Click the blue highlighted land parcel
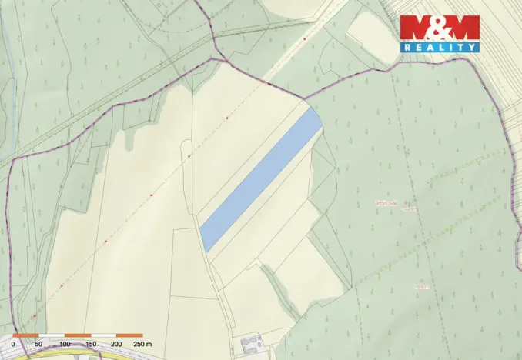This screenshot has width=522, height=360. tap(260, 179)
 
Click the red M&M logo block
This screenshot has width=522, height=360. tap(439, 28)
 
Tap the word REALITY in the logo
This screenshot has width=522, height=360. tap(439, 48)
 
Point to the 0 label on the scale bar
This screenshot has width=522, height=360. tap(13, 343)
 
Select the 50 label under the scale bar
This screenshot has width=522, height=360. tap(38, 343)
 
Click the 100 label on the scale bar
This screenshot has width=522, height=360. tap(65, 343)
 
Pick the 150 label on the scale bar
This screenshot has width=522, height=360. tap(91, 343)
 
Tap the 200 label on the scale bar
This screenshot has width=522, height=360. tap(116, 343)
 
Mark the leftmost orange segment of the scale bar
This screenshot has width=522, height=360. tap(25, 336)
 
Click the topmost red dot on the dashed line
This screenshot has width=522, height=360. tap(304, 38)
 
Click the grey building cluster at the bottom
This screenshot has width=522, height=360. tap(250, 341)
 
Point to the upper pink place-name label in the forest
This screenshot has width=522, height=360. tap(385, 202)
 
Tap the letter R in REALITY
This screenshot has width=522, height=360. tap(408, 48)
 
